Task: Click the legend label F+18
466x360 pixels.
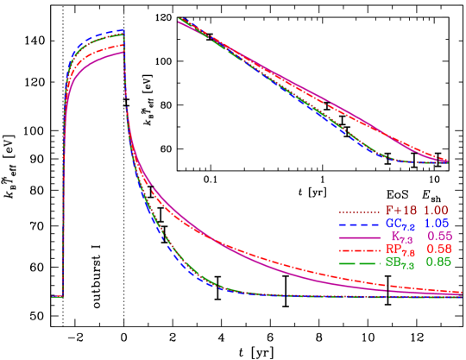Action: coord(400,211)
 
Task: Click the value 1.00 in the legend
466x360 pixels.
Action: coord(436,211)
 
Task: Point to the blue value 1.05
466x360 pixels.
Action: coord(436,224)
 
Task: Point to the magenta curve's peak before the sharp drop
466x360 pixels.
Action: coord(123,52)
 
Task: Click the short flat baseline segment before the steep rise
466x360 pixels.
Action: coord(57,296)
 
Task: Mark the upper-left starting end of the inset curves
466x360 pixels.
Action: coord(179,19)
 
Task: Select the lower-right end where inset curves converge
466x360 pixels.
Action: coord(445,161)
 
